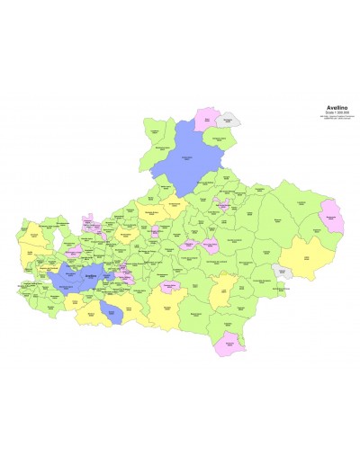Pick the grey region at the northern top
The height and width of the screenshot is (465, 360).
click(x=229, y=119)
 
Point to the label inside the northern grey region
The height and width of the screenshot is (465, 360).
click(x=230, y=120)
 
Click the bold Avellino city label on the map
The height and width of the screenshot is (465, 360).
click(x=90, y=275)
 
